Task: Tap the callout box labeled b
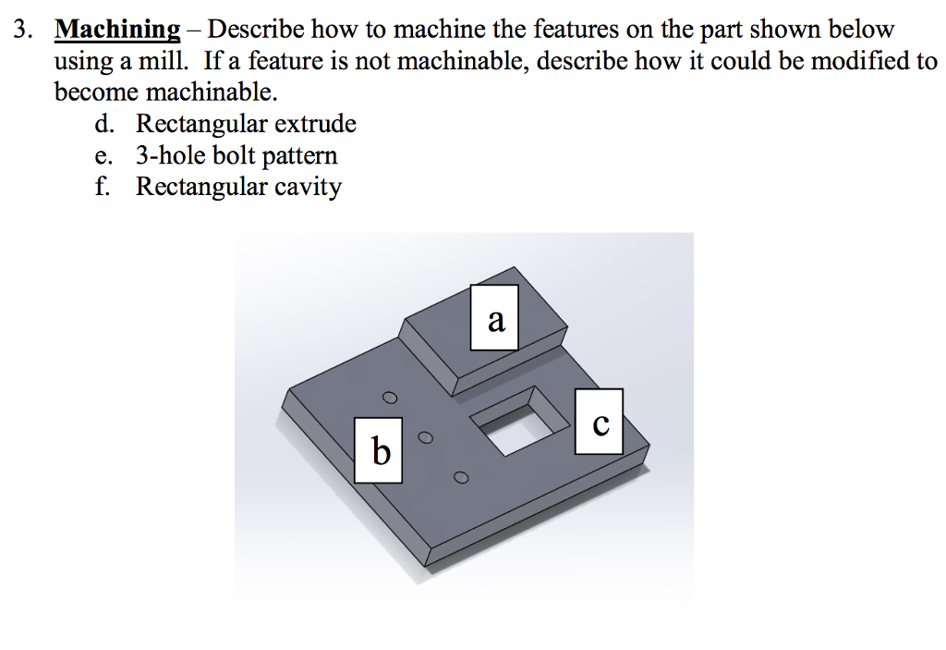(x=379, y=450)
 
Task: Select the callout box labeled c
(x=599, y=422)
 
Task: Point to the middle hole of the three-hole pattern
(x=426, y=437)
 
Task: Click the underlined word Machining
(x=117, y=29)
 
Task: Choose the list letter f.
(x=104, y=187)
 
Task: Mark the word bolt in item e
(x=234, y=155)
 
